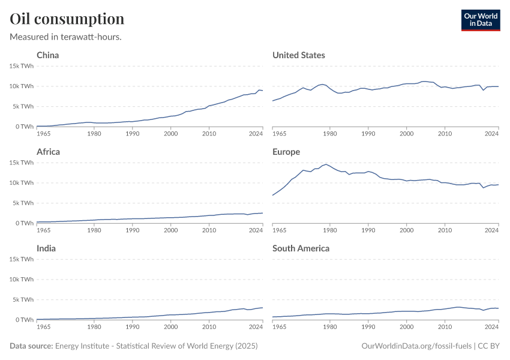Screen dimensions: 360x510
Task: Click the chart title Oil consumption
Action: pyautogui.click(x=67, y=19)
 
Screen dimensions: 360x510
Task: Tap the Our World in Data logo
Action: pyautogui.click(x=480, y=20)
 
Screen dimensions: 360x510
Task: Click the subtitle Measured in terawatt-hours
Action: pyautogui.click(x=66, y=37)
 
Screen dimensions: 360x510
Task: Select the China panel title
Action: pyautogui.click(x=48, y=55)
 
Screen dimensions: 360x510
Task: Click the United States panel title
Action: pyautogui.click(x=299, y=55)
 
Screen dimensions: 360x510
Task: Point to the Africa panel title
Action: pyautogui.click(x=49, y=152)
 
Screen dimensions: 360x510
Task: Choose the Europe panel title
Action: pyautogui.click(x=286, y=152)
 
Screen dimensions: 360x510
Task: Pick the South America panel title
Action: pyautogui.click(x=301, y=248)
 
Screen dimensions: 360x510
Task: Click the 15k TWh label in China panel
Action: pyautogui.click(x=21, y=66)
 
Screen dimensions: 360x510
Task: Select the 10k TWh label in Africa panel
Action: pyautogui.click(x=21, y=183)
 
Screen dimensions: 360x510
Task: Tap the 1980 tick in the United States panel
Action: pyautogui.click(x=329, y=133)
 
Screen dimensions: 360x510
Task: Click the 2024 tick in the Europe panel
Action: pyautogui.click(x=492, y=230)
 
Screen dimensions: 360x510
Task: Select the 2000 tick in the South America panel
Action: pyautogui.click(x=406, y=326)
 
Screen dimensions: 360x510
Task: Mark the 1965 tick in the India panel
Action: pyautogui.click(x=44, y=326)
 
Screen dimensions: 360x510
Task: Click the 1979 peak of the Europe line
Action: pyautogui.click(x=326, y=164)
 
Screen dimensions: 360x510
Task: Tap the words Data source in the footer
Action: pyautogui.click(x=31, y=346)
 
